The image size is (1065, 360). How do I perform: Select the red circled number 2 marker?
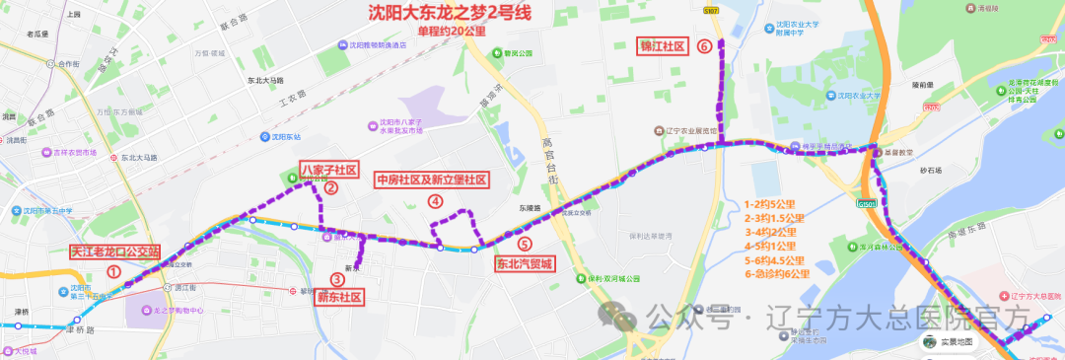331,187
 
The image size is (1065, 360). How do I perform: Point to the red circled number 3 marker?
337,279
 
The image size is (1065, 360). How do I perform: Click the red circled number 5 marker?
524,243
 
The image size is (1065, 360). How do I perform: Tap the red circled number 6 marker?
704,45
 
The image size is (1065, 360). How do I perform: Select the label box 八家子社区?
328,169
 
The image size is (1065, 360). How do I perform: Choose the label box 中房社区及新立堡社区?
431,180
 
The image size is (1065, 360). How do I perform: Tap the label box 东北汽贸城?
525,263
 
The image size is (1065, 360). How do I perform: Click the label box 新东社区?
339,297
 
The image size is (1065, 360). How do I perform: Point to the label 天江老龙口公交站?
115,252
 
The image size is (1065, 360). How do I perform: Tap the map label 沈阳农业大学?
854,97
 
